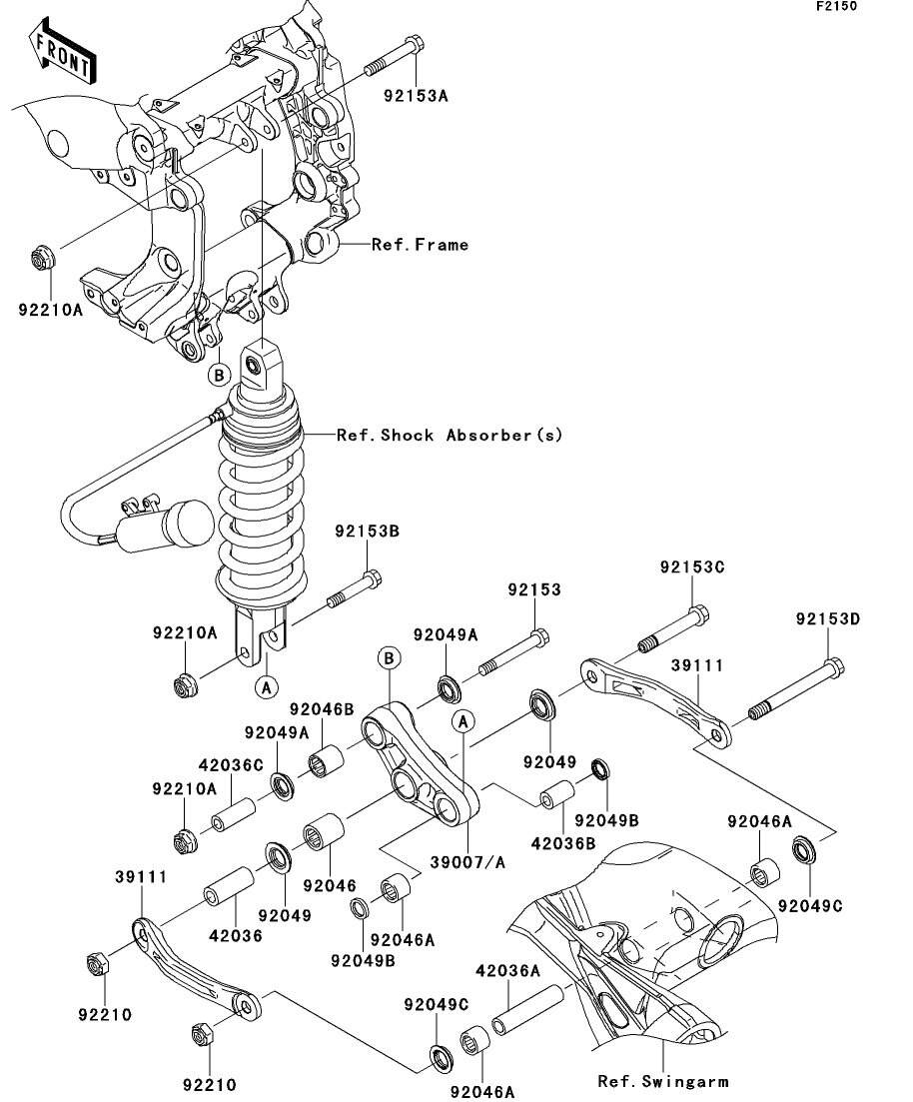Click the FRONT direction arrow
pyautogui.click(x=63, y=49)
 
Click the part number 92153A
pyautogui.click(x=416, y=96)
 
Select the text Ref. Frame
pyautogui.click(x=420, y=245)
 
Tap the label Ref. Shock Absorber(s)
pyautogui.click(x=450, y=435)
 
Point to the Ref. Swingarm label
pyautogui.click(x=663, y=1081)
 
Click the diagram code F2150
pyautogui.click(x=836, y=6)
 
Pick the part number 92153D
pyautogui.click(x=828, y=619)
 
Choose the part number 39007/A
pyautogui.click(x=467, y=862)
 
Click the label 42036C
pyautogui.click(x=231, y=764)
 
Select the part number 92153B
pyautogui.click(x=367, y=532)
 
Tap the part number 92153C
pyautogui.click(x=691, y=567)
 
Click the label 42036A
pyautogui.click(x=508, y=971)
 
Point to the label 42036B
pyautogui.click(x=563, y=842)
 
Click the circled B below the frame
pyautogui.click(x=220, y=375)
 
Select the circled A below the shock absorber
pyautogui.click(x=267, y=686)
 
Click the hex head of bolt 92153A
pyautogui.click(x=415, y=44)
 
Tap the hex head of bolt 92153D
pyautogui.click(x=834, y=667)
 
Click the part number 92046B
pyautogui.click(x=322, y=710)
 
